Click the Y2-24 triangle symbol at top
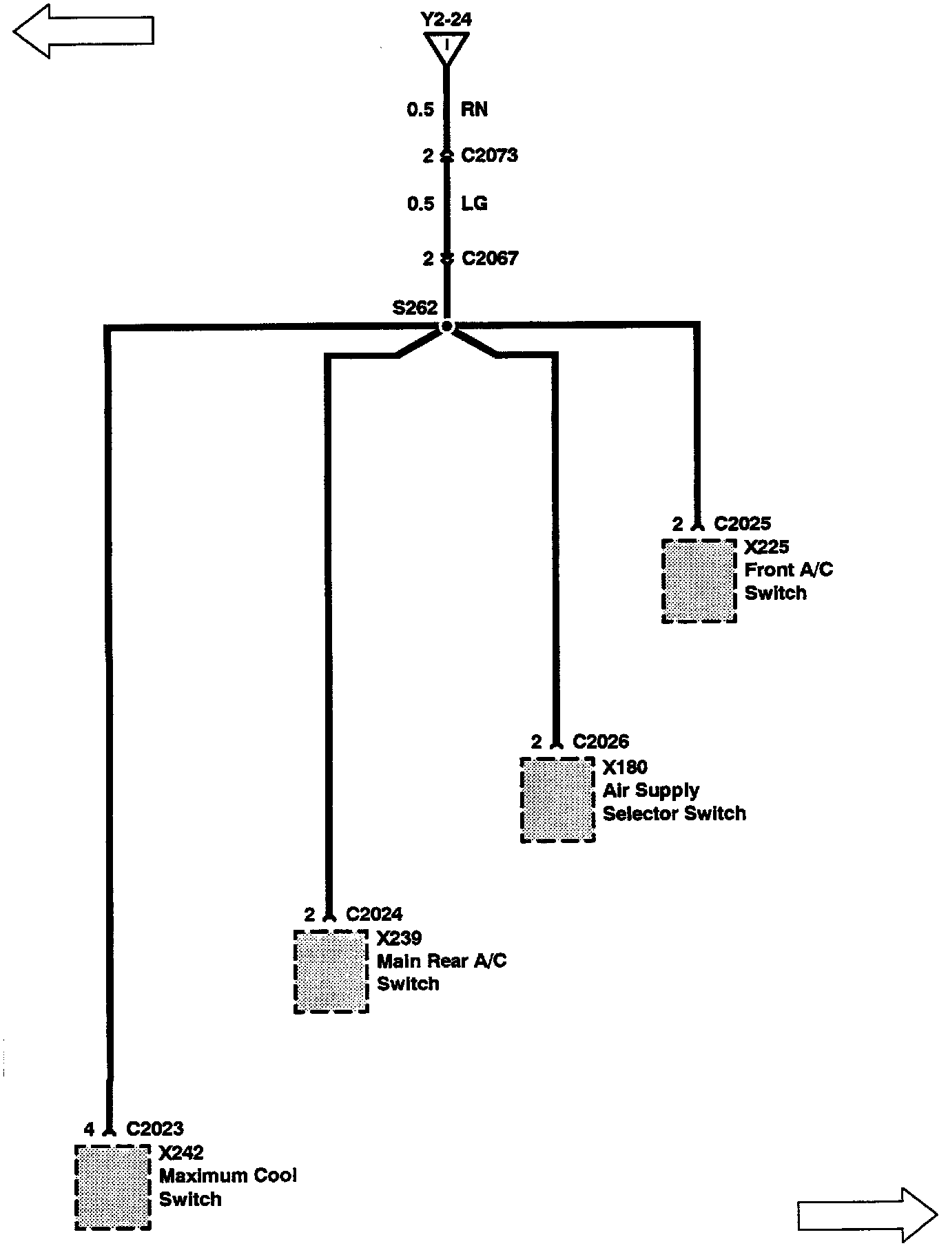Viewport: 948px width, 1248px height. coord(447,48)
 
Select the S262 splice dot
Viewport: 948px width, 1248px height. coord(447,326)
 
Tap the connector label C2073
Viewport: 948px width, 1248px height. coord(489,156)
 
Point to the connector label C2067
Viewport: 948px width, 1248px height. coord(489,258)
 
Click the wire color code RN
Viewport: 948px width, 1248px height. coord(474,110)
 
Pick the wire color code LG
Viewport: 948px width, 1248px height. coord(474,204)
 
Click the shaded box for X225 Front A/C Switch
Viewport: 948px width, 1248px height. coord(699,581)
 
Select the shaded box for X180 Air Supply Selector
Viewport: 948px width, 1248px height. coord(557,800)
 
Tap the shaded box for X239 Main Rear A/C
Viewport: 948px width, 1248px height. coord(331,971)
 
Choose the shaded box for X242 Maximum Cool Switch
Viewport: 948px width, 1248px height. coord(112,1187)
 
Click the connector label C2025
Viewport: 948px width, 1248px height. coord(742,524)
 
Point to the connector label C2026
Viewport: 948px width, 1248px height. coord(601,742)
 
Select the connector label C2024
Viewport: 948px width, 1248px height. coord(374,914)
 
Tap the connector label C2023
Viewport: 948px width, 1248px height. coord(155,1129)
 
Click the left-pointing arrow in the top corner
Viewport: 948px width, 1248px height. coord(83,31)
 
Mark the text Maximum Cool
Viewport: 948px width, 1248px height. coord(228,1175)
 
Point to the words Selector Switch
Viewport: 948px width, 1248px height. coord(674,813)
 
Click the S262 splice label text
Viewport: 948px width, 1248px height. coord(415,308)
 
